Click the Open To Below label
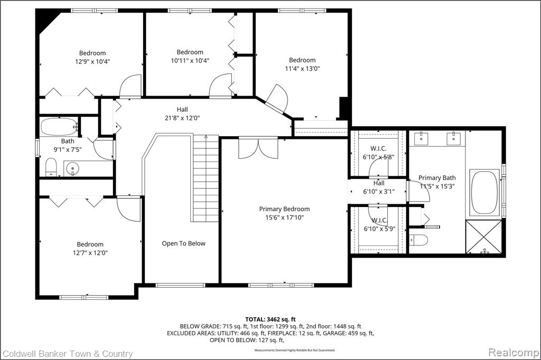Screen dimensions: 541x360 (183, 243)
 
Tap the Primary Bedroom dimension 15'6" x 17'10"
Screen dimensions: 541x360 (284, 217)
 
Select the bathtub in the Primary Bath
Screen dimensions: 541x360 (485, 193)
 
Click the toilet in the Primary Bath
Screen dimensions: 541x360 (418, 240)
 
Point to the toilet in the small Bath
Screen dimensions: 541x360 (51, 167)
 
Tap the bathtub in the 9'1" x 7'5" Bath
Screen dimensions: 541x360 (59, 127)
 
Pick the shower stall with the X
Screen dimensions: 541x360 (483, 237)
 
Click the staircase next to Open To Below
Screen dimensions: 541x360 (206, 178)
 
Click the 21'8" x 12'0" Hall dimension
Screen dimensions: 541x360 (182, 118)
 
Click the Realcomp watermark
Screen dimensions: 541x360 (514, 353)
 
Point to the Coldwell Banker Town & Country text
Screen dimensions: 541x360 (68, 354)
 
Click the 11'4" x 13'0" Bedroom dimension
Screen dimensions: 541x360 (302, 68)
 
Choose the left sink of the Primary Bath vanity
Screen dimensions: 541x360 (421, 138)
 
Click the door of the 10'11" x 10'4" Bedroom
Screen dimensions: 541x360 (221, 85)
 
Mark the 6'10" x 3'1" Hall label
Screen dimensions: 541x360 (379, 187)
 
